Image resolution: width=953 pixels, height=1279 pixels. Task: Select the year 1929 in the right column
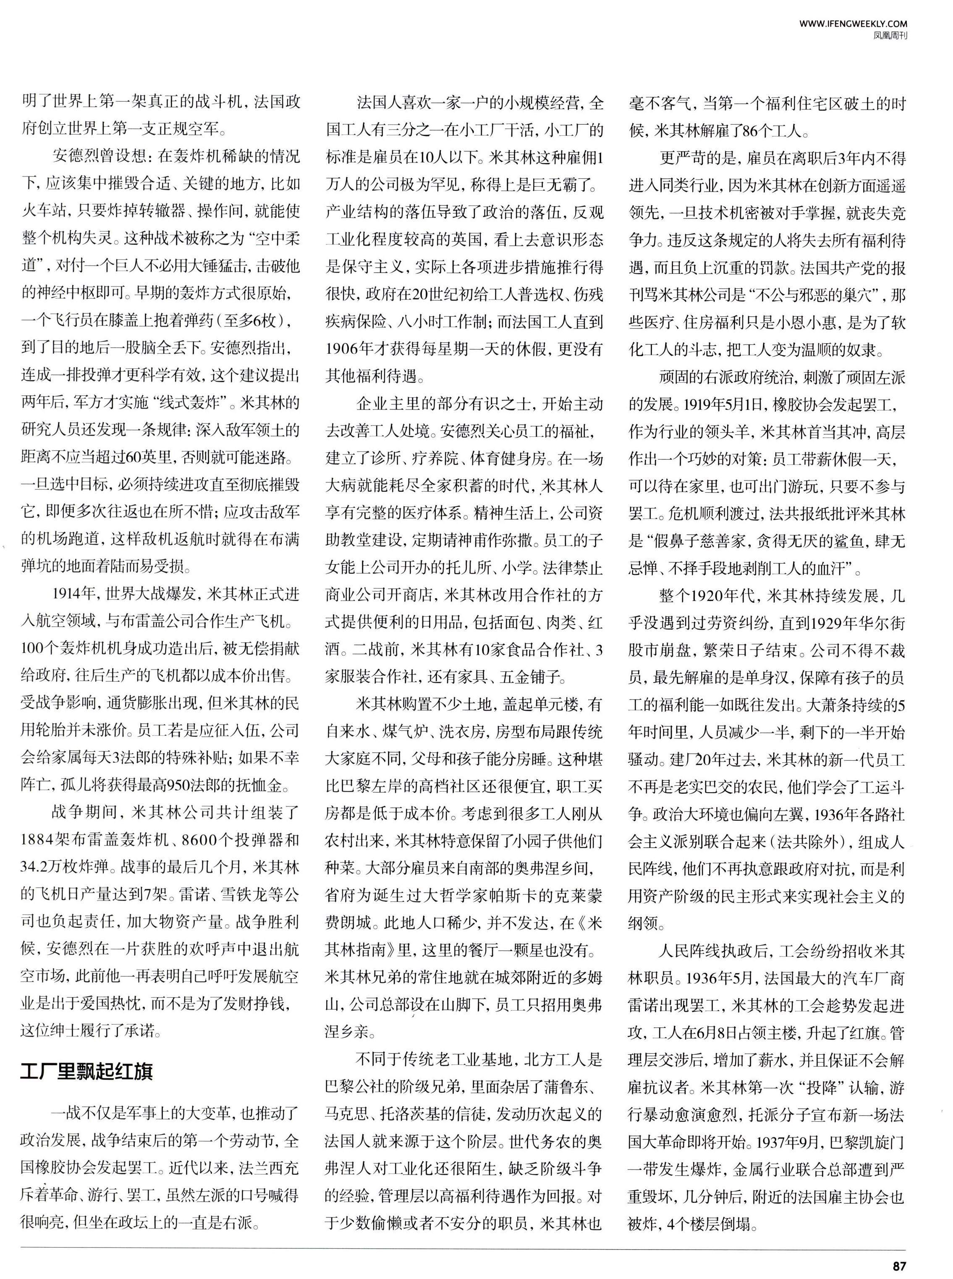pos(831,623)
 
